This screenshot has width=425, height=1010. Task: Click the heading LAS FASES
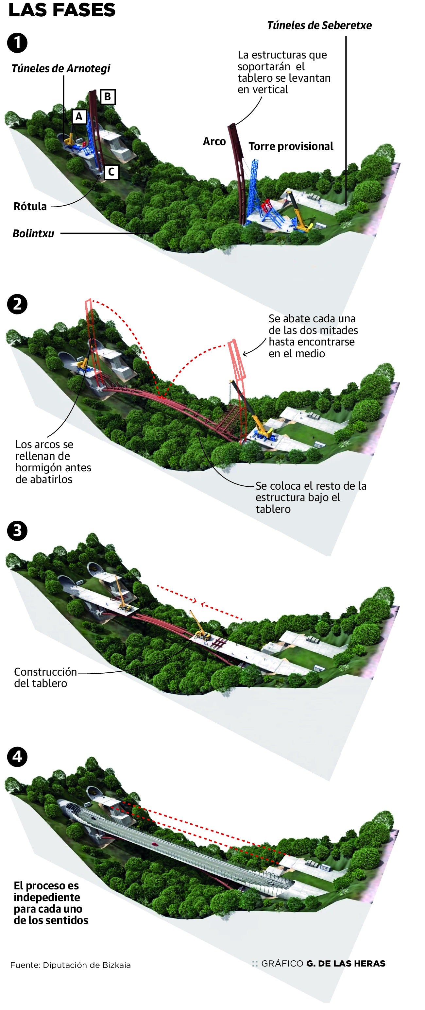tap(62, 10)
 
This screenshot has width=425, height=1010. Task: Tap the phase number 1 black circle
tap(17, 43)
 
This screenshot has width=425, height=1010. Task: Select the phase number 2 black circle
tap(17, 304)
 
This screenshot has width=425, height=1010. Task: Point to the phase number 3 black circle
tap(17, 531)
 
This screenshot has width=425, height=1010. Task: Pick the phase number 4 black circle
tap(17, 757)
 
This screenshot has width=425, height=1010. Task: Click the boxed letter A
tap(79, 116)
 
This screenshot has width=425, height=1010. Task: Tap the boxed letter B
tap(108, 96)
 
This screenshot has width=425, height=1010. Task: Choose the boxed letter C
tap(111, 172)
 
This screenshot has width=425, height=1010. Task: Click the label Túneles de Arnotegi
tap(61, 69)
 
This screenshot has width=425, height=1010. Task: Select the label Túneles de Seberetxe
tap(319, 25)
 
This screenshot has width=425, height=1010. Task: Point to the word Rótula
tap(30, 206)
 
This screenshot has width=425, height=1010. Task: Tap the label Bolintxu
tap(33, 234)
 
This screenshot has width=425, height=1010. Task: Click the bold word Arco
tap(214, 142)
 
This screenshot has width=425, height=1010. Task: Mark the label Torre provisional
tap(291, 146)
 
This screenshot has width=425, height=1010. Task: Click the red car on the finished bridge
tap(155, 845)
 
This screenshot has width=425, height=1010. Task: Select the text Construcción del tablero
tap(45, 677)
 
